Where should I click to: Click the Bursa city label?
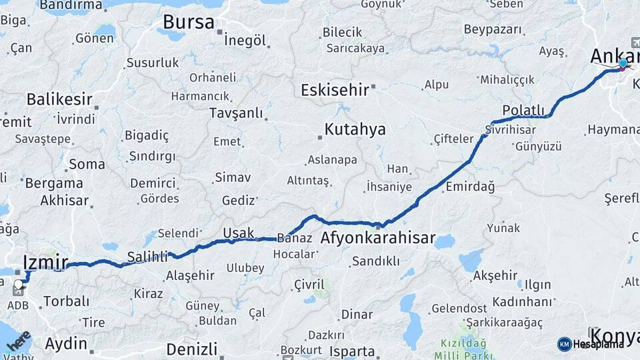[x=189, y=23]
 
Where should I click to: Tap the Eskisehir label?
[x=334, y=90]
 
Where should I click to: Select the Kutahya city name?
[x=355, y=129]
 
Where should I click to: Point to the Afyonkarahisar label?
[x=377, y=238]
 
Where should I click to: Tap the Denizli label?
[x=192, y=349]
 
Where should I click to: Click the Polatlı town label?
[x=523, y=111]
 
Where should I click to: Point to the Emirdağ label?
[x=470, y=187]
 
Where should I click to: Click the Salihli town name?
[x=147, y=257]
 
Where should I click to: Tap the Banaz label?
[x=294, y=238]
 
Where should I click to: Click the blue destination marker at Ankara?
[x=623, y=64]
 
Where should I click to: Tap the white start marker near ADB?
[x=18, y=286]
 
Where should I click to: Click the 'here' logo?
[x=18, y=341]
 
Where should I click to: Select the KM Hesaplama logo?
[x=591, y=344]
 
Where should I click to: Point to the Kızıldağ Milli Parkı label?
[x=465, y=348]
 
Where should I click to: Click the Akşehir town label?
[x=495, y=275]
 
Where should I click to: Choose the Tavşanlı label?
[x=236, y=113]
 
